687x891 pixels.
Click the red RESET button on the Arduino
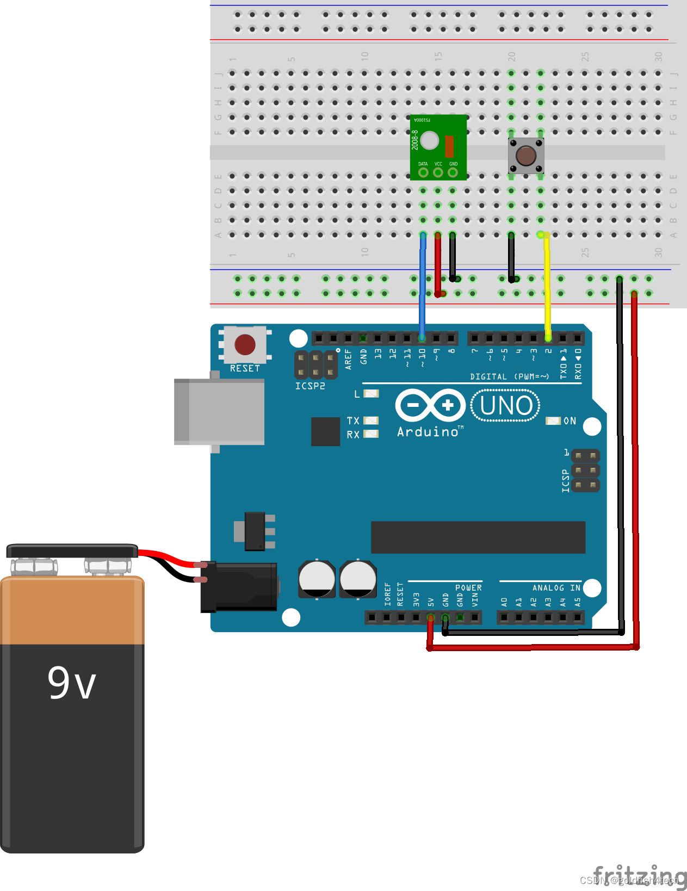coord(245,344)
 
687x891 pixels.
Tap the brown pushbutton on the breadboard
coord(526,156)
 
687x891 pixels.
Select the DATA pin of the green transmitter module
coord(423,172)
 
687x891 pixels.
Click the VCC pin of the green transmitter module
coord(438,172)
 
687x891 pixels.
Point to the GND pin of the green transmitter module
coord(453,172)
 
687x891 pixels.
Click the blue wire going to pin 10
coord(422,288)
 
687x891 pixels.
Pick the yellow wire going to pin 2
coord(548,288)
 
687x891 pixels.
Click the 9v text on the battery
coord(72,683)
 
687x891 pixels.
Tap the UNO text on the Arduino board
coord(506,406)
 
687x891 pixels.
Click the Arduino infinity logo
coord(430,405)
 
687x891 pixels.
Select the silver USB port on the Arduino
coord(219,412)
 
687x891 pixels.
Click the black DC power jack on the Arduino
coord(239,586)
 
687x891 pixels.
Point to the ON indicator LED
coord(553,421)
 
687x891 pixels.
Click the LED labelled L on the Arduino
coord(371,393)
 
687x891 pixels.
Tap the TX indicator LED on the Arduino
coord(371,420)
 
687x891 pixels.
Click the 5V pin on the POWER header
coord(430,617)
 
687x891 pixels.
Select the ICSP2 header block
coord(316,364)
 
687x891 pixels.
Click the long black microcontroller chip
coord(478,537)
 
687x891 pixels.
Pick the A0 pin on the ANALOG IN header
coord(504,617)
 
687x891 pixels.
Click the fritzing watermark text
coord(639,875)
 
